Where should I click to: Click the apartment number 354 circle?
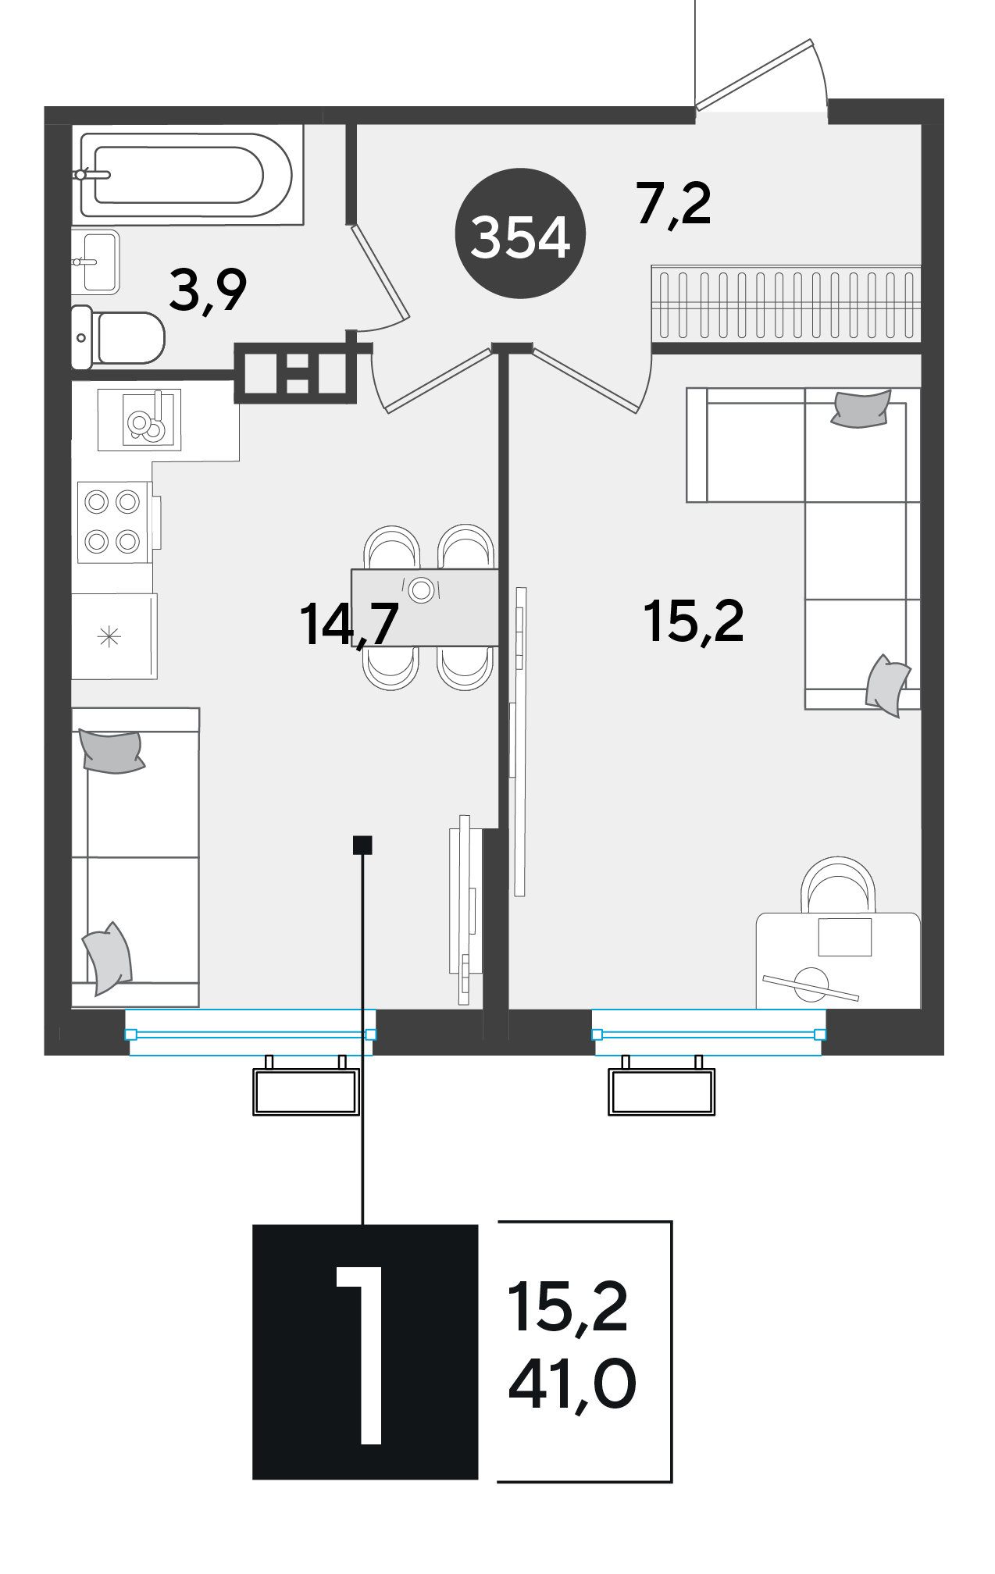pyautogui.click(x=520, y=233)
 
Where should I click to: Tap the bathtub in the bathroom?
pyautogui.click(x=187, y=175)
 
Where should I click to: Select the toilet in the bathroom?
pyautogui.click(x=118, y=337)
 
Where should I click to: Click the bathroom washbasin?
pyautogui.click(x=95, y=262)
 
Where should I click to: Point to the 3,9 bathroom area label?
pyautogui.click(x=208, y=290)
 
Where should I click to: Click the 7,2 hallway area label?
pyautogui.click(x=673, y=204)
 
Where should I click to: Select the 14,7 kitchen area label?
pyautogui.click(x=349, y=625)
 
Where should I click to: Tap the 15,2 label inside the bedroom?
pyautogui.click(x=694, y=621)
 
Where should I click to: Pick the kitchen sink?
pyautogui.click(x=140, y=420)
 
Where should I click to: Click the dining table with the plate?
pyautogui.click(x=425, y=607)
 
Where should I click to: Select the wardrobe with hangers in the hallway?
pyautogui.click(x=786, y=304)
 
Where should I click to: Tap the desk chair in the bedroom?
pyautogui.click(x=838, y=885)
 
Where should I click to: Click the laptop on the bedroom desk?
pyautogui.click(x=844, y=937)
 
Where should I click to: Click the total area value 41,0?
pyautogui.click(x=572, y=1385)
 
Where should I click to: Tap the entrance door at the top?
pyautogui.click(x=761, y=76)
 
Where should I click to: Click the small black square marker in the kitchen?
pyautogui.click(x=362, y=845)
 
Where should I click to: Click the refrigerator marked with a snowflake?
pyautogui.click(x=114, y=636)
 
